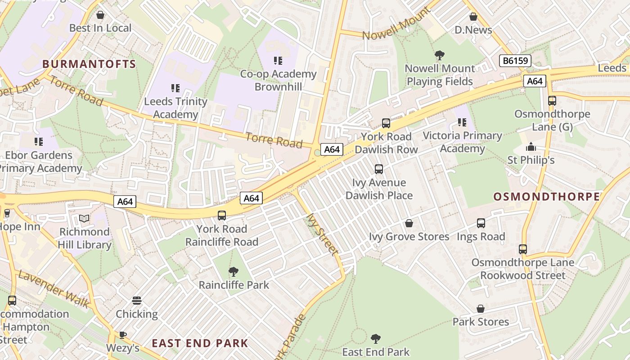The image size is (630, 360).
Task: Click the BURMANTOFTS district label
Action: tap(89, 64)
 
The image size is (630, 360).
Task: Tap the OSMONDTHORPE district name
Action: tap(547, 197)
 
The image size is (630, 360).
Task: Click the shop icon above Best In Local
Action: tap(100, 15)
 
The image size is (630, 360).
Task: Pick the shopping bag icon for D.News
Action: tap(473, 17)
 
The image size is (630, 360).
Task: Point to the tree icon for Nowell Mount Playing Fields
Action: tap(440, 55)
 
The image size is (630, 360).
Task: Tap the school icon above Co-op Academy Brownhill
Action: tap(278, 60)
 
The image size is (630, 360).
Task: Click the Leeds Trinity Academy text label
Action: tap(175, 108)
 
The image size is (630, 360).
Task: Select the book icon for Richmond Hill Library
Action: tap(84, 219)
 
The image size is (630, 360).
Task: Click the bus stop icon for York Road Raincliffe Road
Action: tap(222, 216)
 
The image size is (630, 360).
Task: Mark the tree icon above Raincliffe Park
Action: tap(233, 272)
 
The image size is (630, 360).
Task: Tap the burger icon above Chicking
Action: tap(137, 301)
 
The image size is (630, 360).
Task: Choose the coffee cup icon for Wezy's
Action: tap(122, 334)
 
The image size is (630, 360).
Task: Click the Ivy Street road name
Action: tap(322, 234)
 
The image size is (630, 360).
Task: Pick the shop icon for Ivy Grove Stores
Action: tap(409, 223)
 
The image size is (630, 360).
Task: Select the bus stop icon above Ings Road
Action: tap(481, 223)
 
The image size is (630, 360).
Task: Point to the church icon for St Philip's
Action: tap(531, 147)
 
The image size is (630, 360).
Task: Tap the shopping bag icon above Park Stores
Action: tap(481, 309)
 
